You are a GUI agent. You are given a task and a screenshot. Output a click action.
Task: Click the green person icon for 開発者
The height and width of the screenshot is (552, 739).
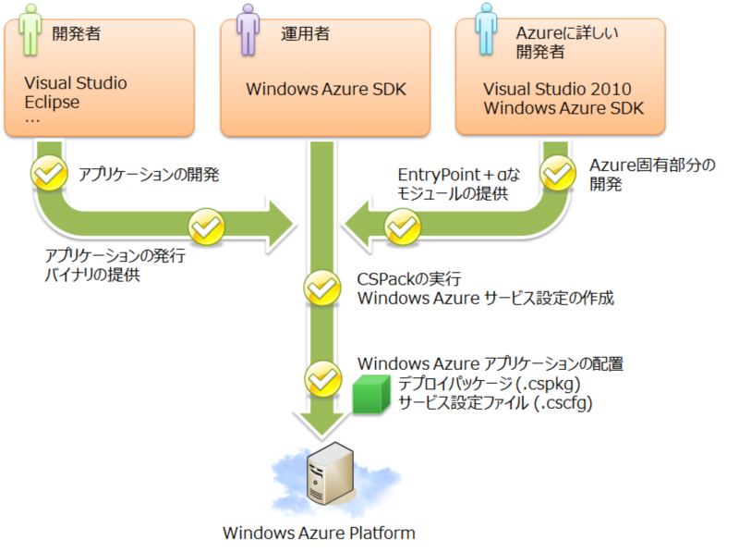point(30,28)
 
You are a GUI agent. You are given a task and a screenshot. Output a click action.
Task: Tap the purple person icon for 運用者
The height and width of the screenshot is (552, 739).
point(249,28)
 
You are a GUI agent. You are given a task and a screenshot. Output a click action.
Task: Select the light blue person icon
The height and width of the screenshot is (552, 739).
point(486,28)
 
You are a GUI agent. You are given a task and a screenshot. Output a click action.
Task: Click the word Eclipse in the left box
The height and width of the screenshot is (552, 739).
point(53,102)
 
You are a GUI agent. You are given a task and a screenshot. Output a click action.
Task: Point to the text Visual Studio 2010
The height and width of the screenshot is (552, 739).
point(557,90)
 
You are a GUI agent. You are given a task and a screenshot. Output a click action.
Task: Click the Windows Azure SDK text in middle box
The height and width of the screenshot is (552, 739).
point(325,90)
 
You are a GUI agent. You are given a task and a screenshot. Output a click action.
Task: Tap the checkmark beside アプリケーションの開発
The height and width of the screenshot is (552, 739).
point(48,172)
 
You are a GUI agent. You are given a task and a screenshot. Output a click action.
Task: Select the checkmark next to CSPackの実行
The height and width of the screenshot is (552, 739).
point(322,288)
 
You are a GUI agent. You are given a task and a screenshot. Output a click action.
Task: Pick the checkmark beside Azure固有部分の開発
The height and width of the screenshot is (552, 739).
point(557,172)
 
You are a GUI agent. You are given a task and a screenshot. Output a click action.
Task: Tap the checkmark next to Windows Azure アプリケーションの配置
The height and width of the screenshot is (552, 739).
point(322,376)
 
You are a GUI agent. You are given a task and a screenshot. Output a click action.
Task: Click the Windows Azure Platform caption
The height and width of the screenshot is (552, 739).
point(319,534)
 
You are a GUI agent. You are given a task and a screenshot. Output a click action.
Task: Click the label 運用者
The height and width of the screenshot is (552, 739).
point(305,34)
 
